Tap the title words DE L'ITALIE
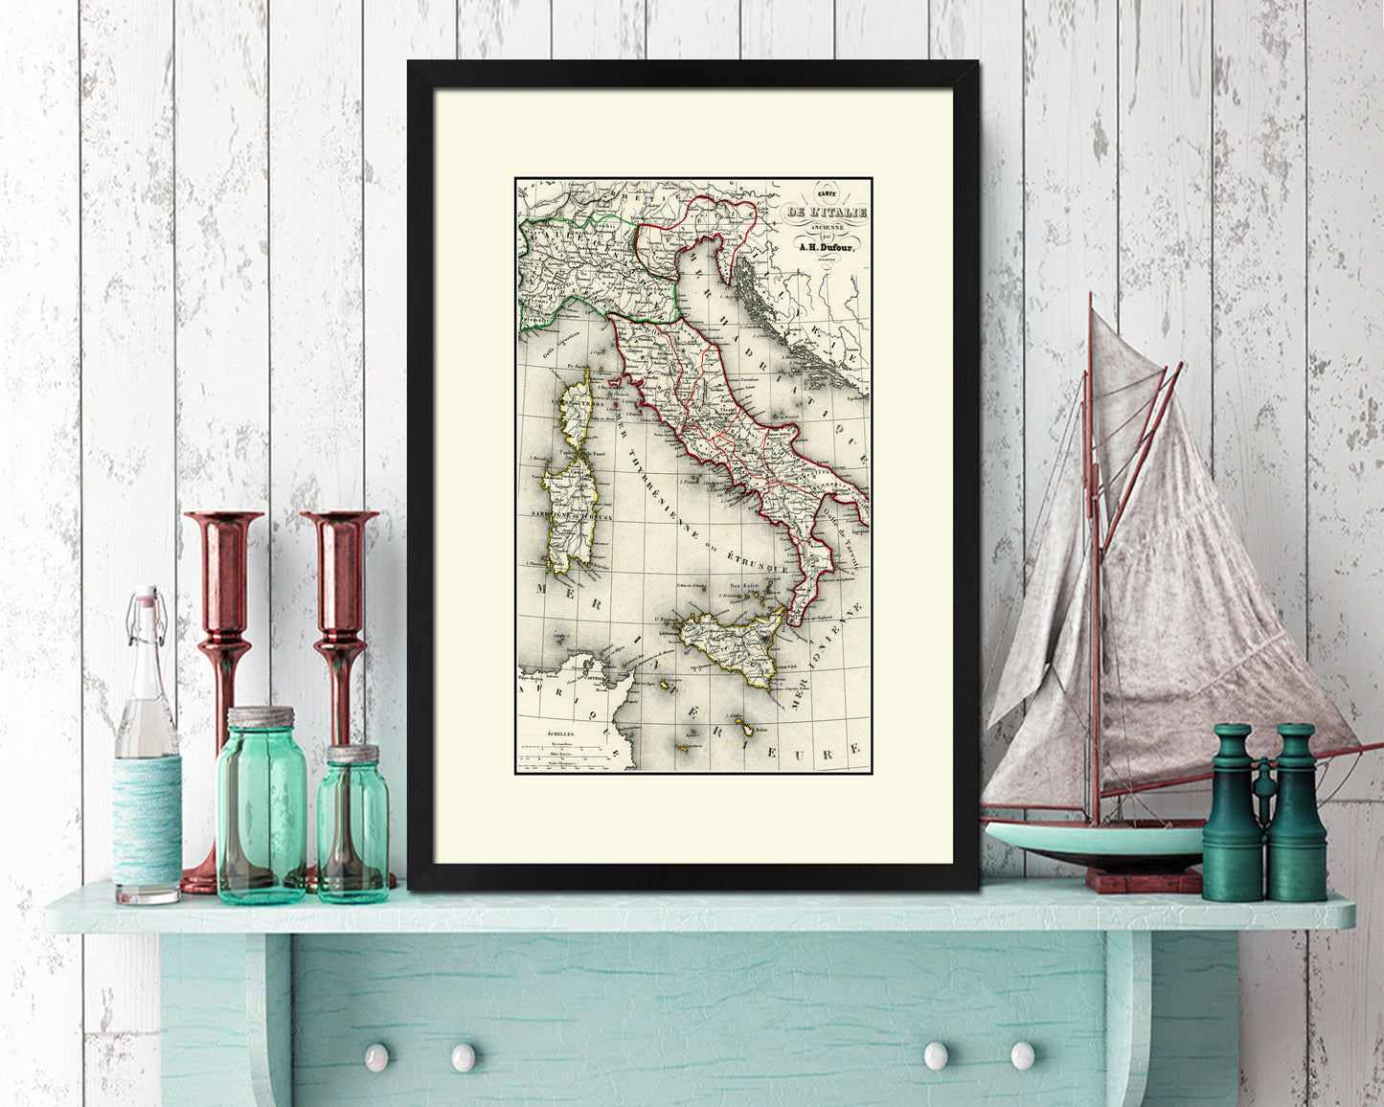click(x=825, y=213)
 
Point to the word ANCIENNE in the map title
click(x=824, y=226)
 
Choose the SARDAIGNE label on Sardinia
click(x=559, y=515)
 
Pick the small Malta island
click(x=744, y=730)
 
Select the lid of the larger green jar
click(x=261, y=717)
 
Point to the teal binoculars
click(x=1264, y=814)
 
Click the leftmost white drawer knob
click(x=376, y=1057)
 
